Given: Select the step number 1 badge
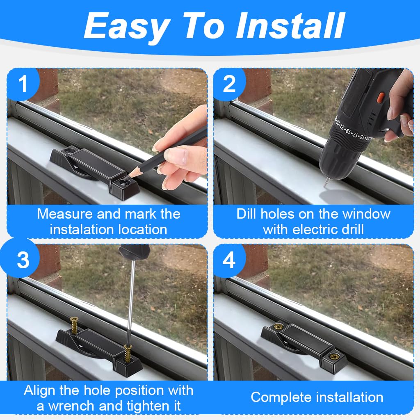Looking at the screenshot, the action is pyautogui.click(x=23, y=84).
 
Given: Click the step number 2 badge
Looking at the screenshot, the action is pyautogui.click(x=229, y=84).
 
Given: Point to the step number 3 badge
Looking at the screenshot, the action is pyautogui.click(x=23, y=260).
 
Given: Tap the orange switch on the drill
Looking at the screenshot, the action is pyautogui.click(x=380, y=98).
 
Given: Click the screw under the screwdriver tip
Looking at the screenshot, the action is pyautogui.click(x=128, y=354).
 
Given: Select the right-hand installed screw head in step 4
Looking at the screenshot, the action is pyautogui.click(x=334, y=356).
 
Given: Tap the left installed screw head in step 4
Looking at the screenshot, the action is pyautogui.click(x=278, y=326).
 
